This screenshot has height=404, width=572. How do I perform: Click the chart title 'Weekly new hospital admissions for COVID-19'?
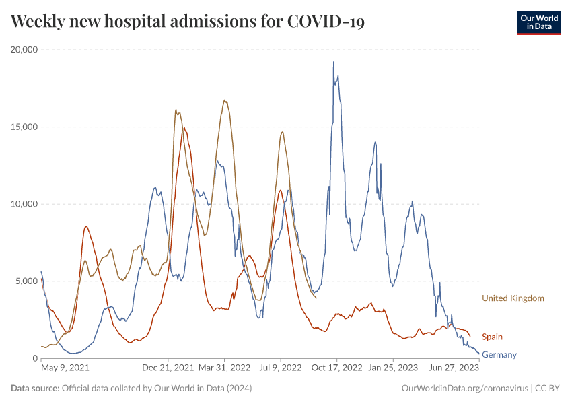pyautogui.click(x=188, y=22)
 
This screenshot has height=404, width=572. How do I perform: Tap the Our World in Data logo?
pyautogui.click(x=538, y=22)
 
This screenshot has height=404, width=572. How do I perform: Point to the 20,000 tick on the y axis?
pyautogui.click(x=24, y=50)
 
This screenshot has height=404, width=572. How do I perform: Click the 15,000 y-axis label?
pyautogui.click(x=24, y=127)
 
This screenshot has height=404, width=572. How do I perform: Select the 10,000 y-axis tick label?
pyautogui.click(x=24, y=204)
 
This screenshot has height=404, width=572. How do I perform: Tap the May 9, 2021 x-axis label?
pyautogui.click(x=65, y=368)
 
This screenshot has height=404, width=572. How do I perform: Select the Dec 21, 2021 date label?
pyautogui.click(x=168, y=368)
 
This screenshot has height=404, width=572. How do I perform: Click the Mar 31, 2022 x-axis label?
pyautogui.click(x=224, y=368)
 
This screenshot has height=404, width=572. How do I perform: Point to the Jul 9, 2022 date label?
pyautogui.click(x=281, y=368)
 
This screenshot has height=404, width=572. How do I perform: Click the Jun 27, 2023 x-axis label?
pyautogui.click(x=454, y=368)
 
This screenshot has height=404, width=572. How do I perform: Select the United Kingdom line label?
pyautogui.click(x=513, y=298)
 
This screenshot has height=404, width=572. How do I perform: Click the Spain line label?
pyautogui.click(x=492, y=337)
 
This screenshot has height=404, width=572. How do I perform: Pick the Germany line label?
pyautogui.click(x=499, y=354)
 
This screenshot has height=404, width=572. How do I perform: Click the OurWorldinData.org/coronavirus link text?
pyautogui.click(x=464, y=389)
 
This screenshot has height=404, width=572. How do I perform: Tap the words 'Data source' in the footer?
pyautogui.click(x=35, y=389)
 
